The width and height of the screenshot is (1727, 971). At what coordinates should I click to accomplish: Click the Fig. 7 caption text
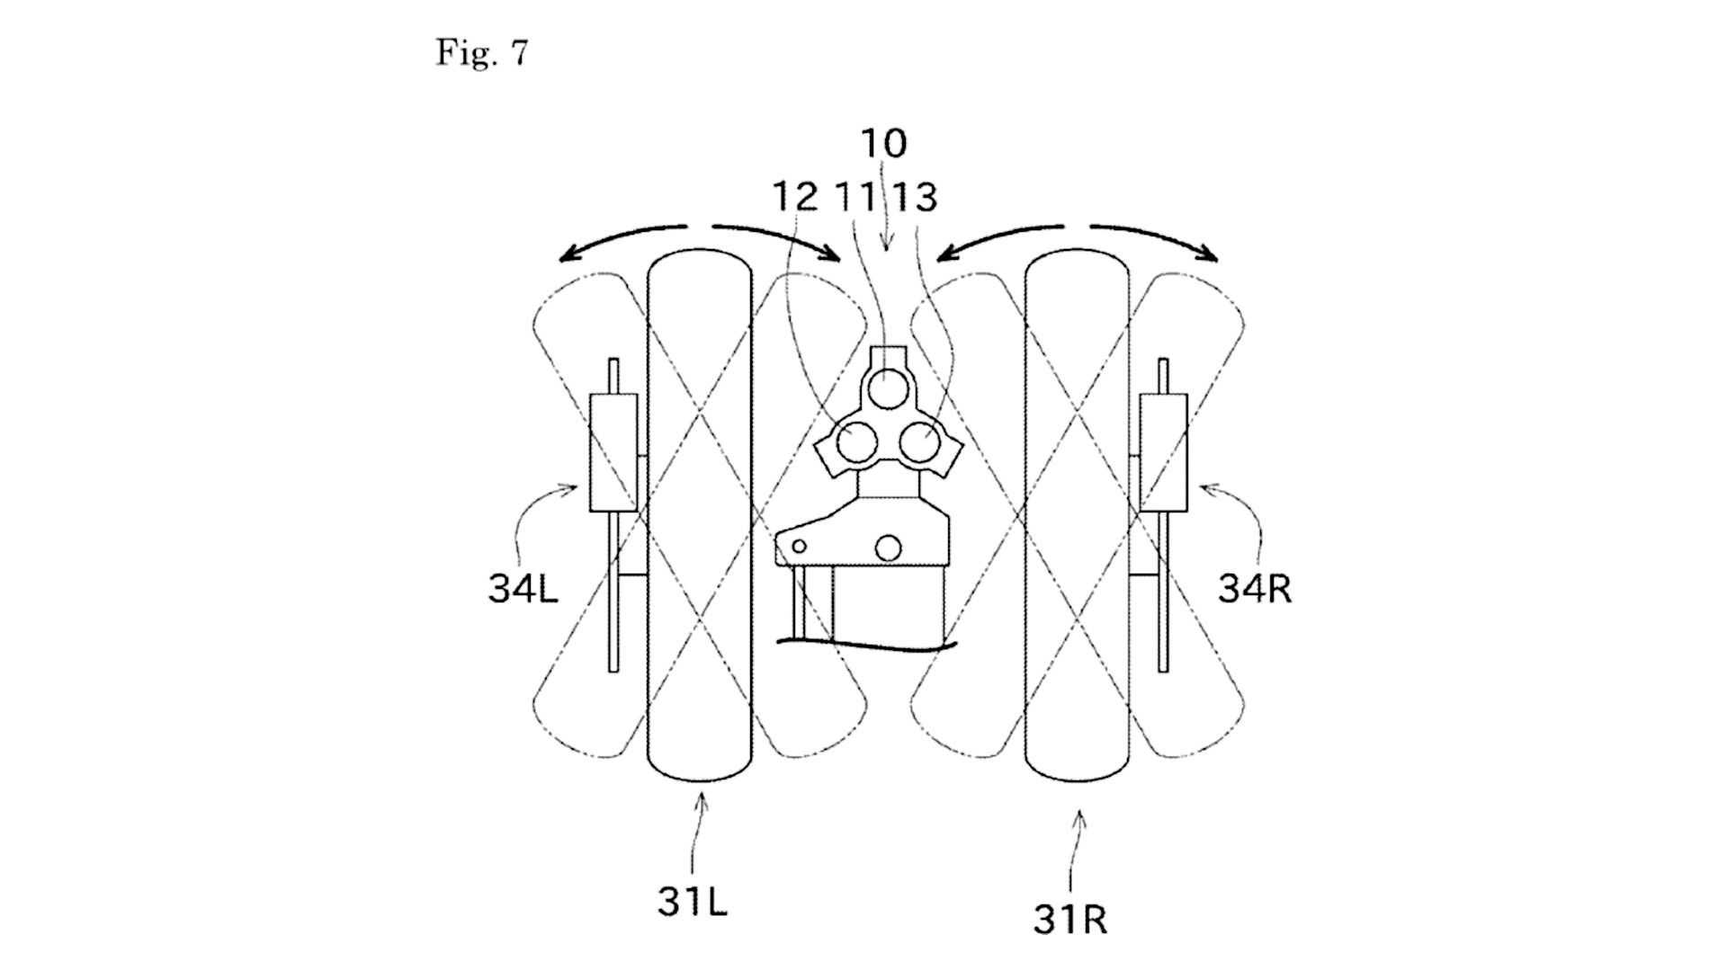point(482,53)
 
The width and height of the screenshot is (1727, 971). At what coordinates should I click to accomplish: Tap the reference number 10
point(884,143)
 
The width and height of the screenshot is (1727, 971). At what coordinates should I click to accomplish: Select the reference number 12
point(795,197)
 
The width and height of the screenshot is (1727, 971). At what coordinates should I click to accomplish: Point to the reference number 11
point(855,197)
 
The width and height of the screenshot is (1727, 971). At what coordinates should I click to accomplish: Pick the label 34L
point(523,589)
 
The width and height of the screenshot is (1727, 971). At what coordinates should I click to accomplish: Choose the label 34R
point(1255,588)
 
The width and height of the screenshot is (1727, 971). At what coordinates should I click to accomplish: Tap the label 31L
point(692,902)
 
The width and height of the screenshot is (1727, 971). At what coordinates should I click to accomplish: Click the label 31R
point(1070,920)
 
